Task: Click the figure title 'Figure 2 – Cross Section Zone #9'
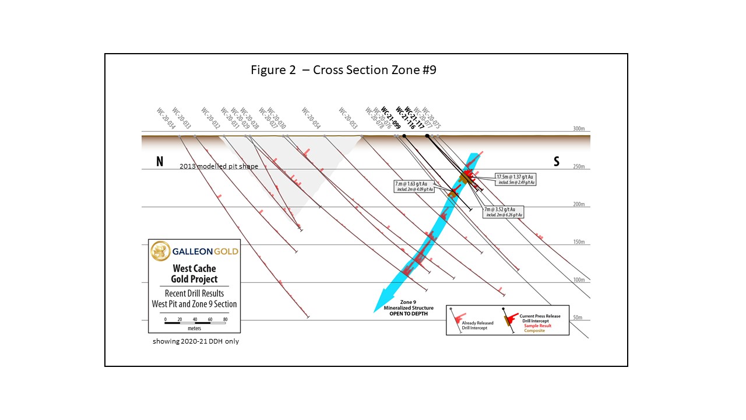click(x=343, y=70)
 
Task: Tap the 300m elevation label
click(x=578, y=129)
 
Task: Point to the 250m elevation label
click(x=578, y=167)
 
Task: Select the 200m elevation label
click(x=578, y=205)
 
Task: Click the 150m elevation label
click(x=578, y=242)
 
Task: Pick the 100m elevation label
click(x=578, y=280)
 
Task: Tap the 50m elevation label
click(x=578, y=317)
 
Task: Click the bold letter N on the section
click(x=159, y=162)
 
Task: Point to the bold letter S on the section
click(x=557, y=162)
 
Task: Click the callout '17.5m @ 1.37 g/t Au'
click(x=515, y=176)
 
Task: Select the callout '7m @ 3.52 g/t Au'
click(x=503, y=209)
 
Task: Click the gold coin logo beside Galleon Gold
click(x=160, y=251)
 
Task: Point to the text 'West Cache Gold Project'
click(x=193, y=274)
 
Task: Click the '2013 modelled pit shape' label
click(x=219, y=167)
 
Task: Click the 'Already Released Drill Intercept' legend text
click(x=477, y=325)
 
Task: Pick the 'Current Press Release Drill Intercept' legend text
click(x=540, y=318)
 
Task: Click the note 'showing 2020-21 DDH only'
click(x=195, y=341)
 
